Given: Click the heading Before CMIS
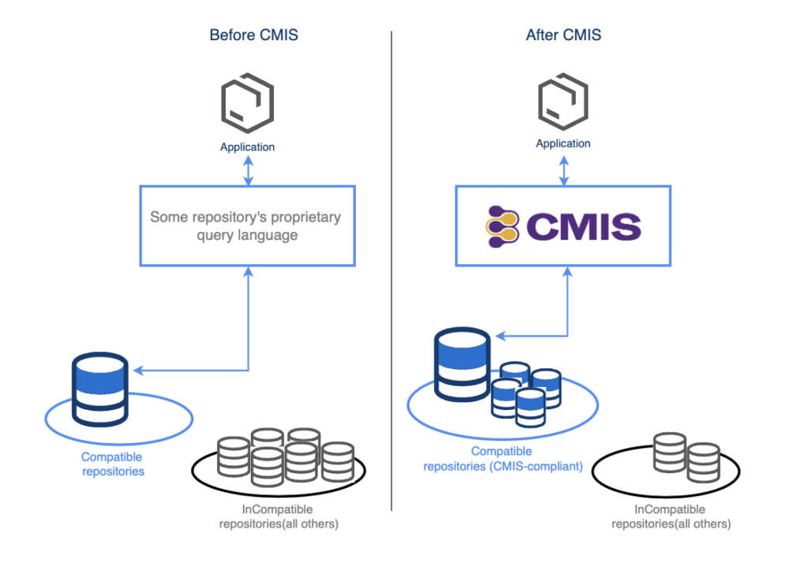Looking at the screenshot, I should [253, 35].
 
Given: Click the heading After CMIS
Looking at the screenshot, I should [563, 35].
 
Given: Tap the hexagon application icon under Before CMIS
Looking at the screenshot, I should [248, 104].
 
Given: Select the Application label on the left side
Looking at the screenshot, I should [248, 147].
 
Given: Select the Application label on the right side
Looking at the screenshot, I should [563, 144].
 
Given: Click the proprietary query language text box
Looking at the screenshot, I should [248, 226].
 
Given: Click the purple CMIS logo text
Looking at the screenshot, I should [583, 227].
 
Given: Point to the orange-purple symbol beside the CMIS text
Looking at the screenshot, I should [503, 226].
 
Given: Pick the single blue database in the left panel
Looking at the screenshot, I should [99, 390].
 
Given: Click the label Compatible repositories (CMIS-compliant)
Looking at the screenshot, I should [503, 459].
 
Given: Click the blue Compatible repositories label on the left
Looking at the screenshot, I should [113, 464].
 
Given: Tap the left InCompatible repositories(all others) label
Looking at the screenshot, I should [279, 516].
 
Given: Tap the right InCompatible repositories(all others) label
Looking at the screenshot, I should [670, 516].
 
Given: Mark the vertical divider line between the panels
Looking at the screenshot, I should [392, 268].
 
